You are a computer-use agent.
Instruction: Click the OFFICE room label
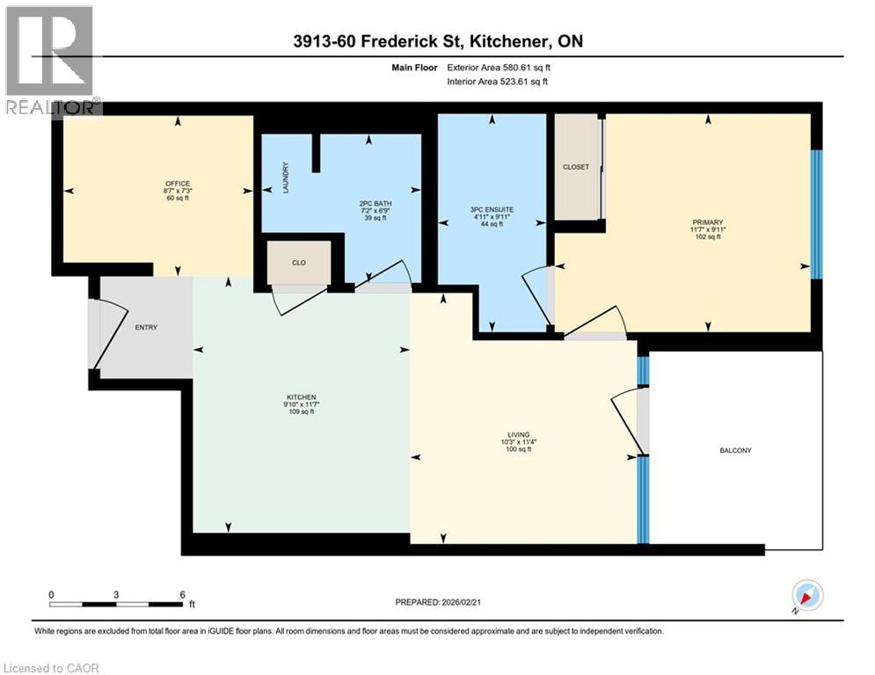[x=177, y=183]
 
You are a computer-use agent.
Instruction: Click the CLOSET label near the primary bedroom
[x=576, y=167]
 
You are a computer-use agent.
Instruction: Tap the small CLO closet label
[x=298, y=262]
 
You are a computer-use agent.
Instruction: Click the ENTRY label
[x=146, y=328]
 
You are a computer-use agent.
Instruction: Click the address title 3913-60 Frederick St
[x=437, y=41]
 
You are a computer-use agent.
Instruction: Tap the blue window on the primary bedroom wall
[x=815, y=214]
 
